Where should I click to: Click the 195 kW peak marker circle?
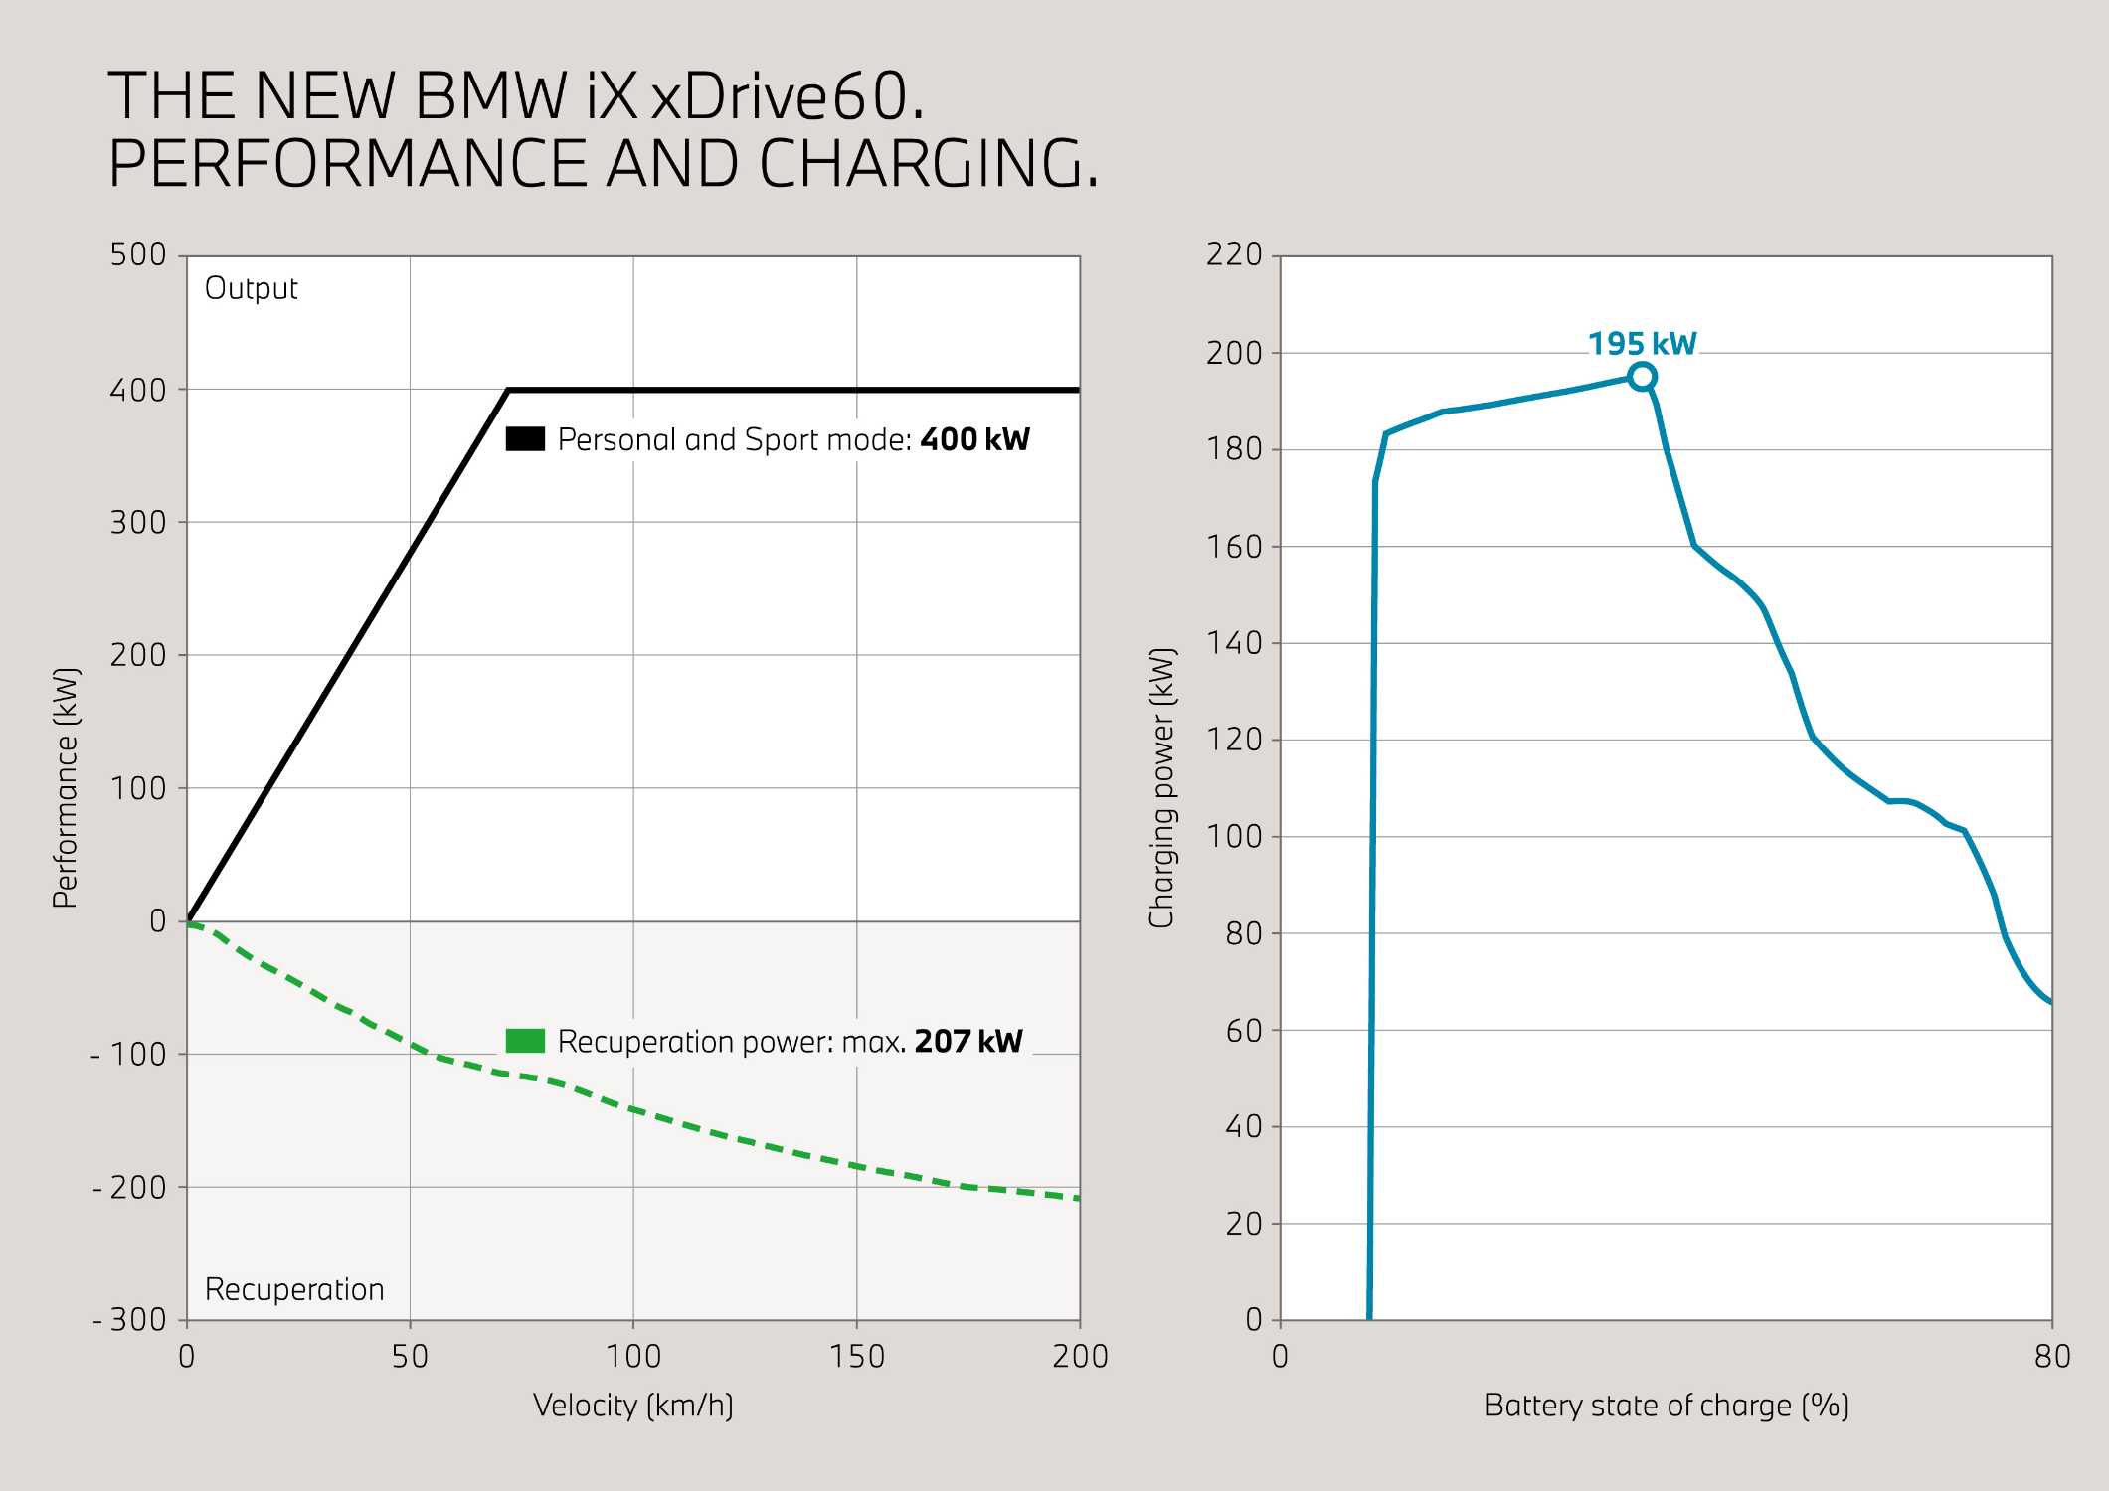point(1642,377)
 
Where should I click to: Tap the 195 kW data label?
point(1642,344)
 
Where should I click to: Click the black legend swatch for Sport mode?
point(525,439)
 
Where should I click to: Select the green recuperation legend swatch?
point(525,1041)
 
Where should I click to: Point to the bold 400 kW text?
point(974,439)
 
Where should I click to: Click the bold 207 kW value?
point(967,1041)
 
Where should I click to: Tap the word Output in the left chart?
point(251,288)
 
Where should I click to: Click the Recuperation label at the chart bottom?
point(294,1289)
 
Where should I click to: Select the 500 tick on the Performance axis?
point(138,254)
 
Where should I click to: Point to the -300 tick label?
point(130,1320)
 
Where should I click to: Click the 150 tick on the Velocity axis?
point(856,1356)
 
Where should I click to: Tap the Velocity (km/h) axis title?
point(633,1406)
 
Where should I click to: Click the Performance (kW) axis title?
point(66,787)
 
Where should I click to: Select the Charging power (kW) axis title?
point(1161,787)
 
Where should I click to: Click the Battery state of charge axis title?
point(1666,1406)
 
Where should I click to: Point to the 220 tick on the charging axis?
point(1234,254)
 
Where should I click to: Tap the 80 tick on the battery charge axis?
point(2052,1356)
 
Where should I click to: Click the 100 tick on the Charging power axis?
point(1234,836)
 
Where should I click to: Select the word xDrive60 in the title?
point(788,96)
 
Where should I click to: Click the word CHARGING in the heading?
point(929,163)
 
